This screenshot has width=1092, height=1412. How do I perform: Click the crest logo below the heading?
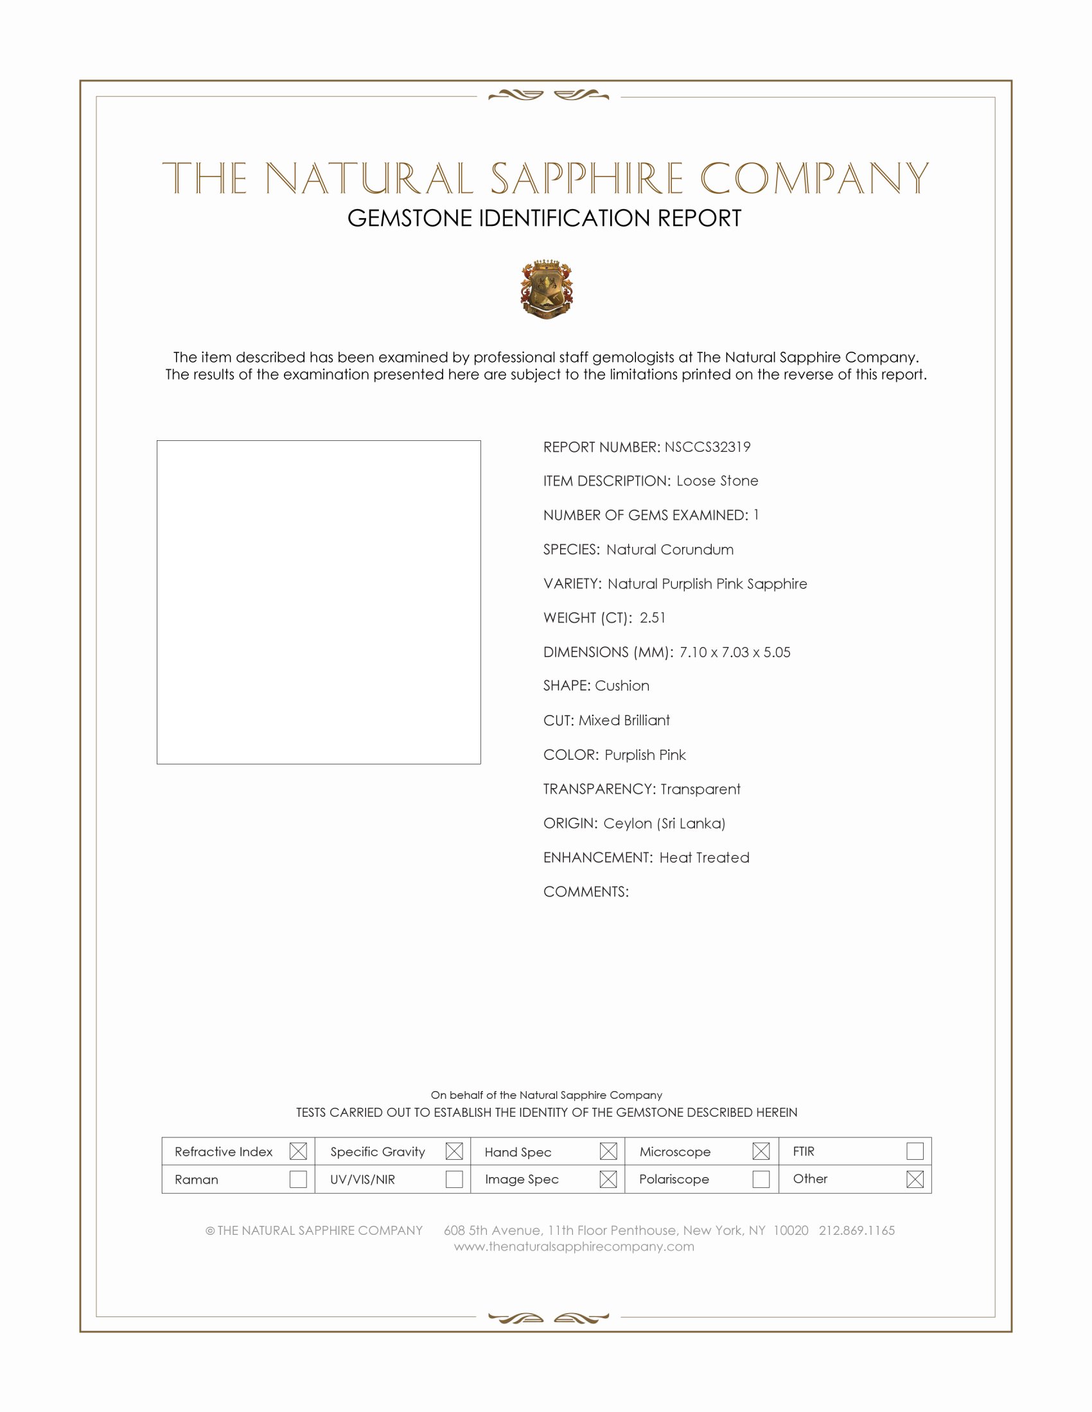coord(547,289)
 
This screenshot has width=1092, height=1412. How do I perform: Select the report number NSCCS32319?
coord(707,447)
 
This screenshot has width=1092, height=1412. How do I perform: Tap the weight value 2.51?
coord(652,617)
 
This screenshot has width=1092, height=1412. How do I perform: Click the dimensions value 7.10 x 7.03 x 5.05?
coord(734,651)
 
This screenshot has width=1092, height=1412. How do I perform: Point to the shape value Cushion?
coord(622,685)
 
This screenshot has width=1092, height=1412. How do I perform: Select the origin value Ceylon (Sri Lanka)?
coord(664,823)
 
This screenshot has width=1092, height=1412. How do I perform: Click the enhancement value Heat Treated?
coord(704,857)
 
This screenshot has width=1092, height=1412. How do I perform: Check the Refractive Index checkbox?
coord(298,1151)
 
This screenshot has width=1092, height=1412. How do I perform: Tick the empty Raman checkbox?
coord(298,1179)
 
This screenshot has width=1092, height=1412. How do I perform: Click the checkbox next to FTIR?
coord(915,1151)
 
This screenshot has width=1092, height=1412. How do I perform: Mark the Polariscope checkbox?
coord(761,1179)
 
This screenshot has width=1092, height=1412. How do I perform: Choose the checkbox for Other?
coord(915,1179)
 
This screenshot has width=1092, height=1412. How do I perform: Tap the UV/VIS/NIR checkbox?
coord(454,1179)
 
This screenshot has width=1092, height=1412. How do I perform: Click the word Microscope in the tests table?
coord(674,1152)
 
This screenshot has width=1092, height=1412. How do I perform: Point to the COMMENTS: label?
coord(585,891)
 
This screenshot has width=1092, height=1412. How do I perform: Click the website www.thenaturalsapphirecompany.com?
coord(574,1246)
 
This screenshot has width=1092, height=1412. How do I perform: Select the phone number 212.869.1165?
coord(856,1230)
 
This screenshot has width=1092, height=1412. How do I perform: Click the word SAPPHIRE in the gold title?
coord(586,178)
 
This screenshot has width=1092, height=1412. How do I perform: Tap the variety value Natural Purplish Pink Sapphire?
coord(707,584)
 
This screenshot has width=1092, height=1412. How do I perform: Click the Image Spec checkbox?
coord(608,1179)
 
